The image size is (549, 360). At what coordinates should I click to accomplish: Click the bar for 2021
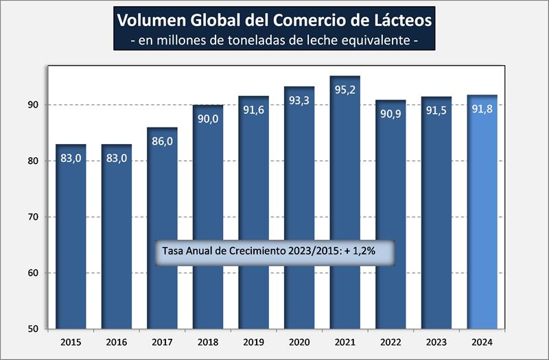point(344,206)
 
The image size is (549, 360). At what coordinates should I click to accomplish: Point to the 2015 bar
point(71,233)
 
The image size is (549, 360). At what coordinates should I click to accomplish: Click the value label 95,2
point(344,90)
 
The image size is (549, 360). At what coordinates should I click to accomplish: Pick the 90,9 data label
point(390,113)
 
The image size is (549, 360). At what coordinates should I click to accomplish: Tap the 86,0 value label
point(162,141)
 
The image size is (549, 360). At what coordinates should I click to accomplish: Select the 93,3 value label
point(299,100)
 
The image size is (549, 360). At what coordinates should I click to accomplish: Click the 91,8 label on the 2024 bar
point(482,108)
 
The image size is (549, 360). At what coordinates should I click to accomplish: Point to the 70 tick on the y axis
point(34,217)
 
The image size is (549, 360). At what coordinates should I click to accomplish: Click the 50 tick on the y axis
point(34,328)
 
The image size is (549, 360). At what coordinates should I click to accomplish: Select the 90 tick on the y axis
point(34,105)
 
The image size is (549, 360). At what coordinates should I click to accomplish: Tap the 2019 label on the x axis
point(253,341)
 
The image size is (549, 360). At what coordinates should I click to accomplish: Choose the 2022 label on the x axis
point(390,341)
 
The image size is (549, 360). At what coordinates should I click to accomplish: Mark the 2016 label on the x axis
point(116,341)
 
